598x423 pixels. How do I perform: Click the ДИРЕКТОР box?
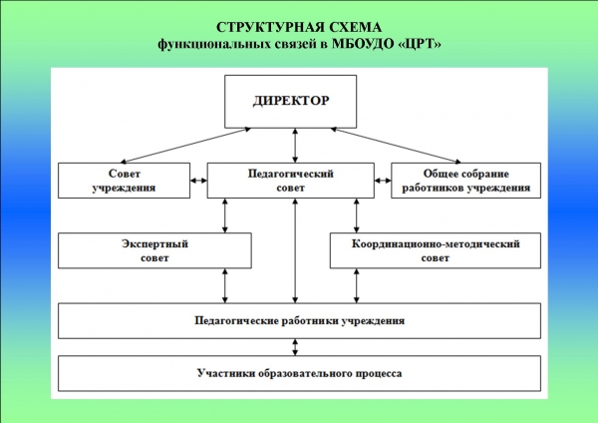point(291,102)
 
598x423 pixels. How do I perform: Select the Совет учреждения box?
point(124,181)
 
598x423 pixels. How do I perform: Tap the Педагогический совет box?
point(291,181)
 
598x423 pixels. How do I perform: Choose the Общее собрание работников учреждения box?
point(466,181)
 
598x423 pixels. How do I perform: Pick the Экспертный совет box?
point(154,250)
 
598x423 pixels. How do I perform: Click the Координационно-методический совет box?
point(436,250)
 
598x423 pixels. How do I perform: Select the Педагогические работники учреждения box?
point(299,320)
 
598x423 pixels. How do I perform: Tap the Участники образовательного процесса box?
point(299,373)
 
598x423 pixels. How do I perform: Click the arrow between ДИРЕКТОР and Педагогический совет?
point(295,146)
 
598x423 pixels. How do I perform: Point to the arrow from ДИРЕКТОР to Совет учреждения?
point(185,146)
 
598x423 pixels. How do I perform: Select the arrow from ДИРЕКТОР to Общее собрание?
point(396,146)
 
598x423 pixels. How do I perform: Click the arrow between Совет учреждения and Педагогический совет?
point(198,181)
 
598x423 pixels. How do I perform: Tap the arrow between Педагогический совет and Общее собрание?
point(383,181)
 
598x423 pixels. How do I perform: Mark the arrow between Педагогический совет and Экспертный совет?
point(225,215)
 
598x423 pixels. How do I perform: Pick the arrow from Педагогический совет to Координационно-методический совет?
point(356,215)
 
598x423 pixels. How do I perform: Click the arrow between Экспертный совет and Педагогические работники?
point(225,285)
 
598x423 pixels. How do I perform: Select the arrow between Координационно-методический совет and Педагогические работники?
point(356,285)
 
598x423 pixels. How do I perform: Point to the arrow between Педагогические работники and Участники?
point(295,347)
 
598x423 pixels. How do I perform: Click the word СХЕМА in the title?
point(355,28)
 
